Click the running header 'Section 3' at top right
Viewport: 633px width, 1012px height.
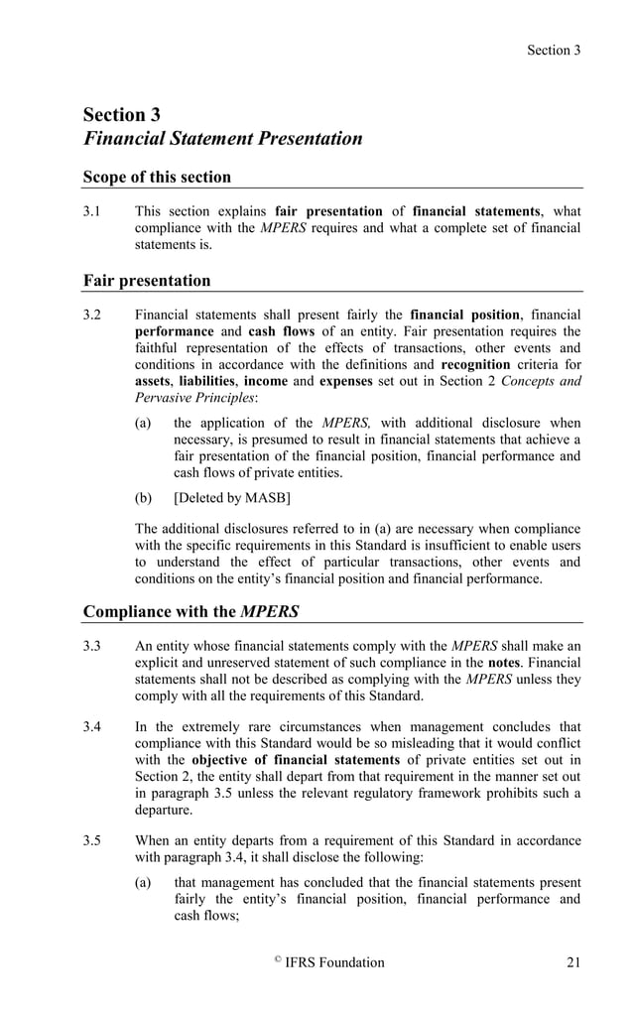tap(554, 50)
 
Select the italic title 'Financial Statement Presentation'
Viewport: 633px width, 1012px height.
tap(222, 138)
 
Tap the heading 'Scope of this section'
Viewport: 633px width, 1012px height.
tap(157, 178)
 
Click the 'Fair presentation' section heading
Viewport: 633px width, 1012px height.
tap(147, 281)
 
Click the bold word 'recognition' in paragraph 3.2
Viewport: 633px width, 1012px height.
tap(475, 365)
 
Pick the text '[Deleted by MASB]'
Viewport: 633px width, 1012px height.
tap(231, 498)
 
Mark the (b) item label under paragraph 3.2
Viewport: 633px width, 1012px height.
tap(144, 498)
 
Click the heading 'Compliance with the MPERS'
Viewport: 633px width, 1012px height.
tap(190, 611)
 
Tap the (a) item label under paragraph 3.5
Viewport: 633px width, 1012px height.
tap(144, 882)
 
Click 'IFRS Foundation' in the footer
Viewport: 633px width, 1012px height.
tap(334, 962)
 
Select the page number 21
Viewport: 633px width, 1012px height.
tap(572, 962)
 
